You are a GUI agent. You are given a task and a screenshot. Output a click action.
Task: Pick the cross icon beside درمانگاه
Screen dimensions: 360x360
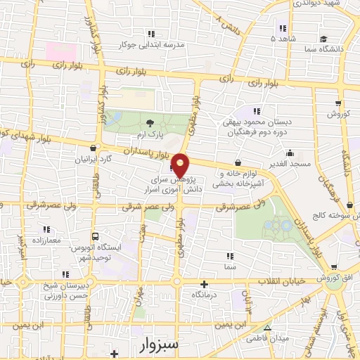click(205, 285)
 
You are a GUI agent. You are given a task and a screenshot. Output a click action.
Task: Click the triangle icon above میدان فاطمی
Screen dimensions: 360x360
click(266, 328)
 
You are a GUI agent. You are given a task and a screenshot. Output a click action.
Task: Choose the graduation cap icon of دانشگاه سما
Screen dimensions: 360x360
click(323, 39)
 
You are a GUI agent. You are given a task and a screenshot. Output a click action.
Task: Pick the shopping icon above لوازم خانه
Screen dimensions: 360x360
click(247, 164)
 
